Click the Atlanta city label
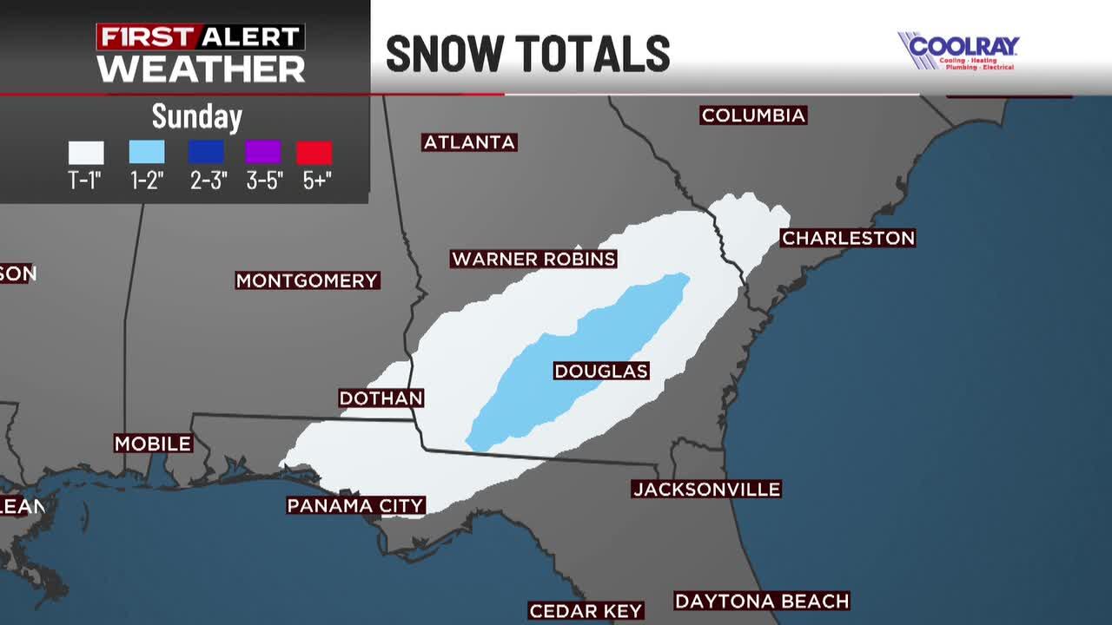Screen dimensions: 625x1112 470,142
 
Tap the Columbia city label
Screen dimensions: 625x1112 753,115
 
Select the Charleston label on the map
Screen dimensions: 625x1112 848,238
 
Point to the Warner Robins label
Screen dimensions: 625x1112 533,259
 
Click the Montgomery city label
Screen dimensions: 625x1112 308,280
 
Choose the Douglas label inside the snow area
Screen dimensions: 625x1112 601,372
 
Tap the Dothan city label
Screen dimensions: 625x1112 381,398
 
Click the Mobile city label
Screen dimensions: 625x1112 153,444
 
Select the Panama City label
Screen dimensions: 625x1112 355,505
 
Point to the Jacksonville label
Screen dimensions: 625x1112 706,490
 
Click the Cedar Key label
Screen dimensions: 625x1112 586,611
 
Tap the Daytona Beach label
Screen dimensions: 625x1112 762,601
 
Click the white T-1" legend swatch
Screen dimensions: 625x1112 86,153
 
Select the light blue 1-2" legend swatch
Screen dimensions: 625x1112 147,153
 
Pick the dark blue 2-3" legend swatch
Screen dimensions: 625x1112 206,153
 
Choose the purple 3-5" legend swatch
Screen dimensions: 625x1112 263,153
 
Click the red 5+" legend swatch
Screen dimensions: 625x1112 314,153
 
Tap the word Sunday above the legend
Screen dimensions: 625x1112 197,116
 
